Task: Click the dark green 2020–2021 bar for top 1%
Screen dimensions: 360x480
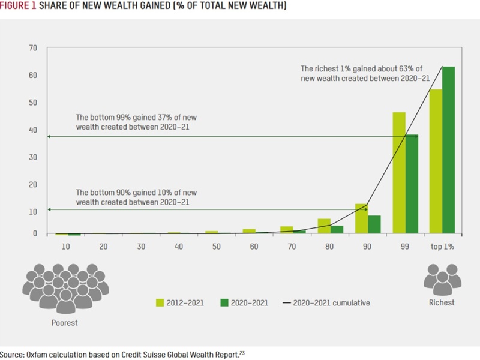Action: pos(449,150)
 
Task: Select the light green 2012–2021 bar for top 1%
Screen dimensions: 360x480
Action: pos(436,161)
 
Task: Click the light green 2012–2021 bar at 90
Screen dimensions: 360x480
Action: pos(361,218)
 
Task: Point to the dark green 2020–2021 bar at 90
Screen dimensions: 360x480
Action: pos(374,224)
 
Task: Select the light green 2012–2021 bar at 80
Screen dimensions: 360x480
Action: pos(325,226)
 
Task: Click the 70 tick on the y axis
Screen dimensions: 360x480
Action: pos(33,48)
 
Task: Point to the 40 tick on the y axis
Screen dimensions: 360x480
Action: pos(33,130)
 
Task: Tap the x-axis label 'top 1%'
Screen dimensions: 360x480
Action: pos(442,247)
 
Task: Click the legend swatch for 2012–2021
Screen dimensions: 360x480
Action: pos(161,302)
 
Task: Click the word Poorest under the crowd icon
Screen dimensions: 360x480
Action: pos(64,323)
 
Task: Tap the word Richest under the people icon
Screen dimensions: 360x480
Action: pos(442,302)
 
